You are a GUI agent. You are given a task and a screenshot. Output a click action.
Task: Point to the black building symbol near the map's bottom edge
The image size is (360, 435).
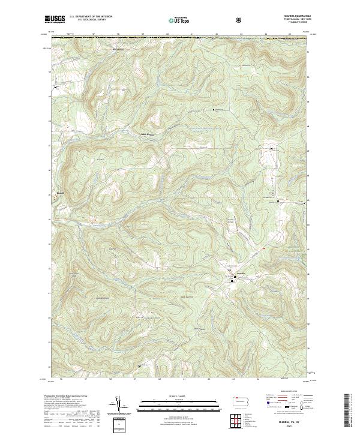click(140, 365)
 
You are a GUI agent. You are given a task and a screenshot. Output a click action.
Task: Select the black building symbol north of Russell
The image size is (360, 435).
click(56, 88)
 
